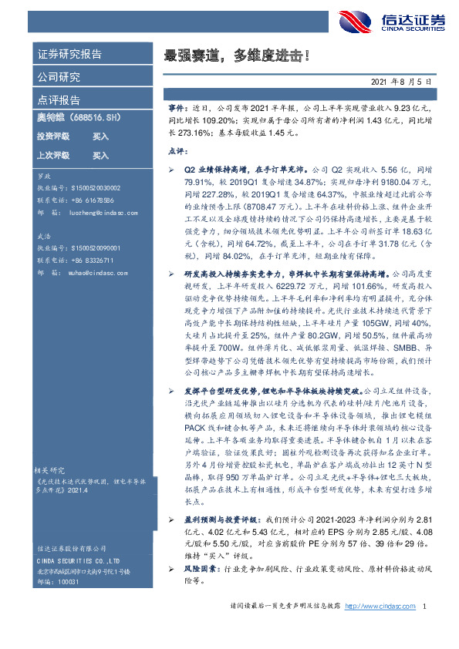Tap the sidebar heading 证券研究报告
tap(69, 55)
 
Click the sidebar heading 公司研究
tap(59, 77)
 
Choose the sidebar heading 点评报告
tap(59, 99)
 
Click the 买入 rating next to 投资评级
tap(101, 136)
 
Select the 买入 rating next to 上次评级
tap(101, 155)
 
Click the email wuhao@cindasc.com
tap(98, 272)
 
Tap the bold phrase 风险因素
tap(198, 569)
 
